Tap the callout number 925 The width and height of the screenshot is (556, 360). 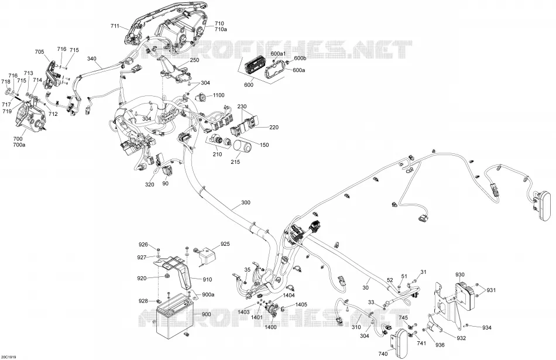coord(225,244)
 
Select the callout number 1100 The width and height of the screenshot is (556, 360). coord(218,95)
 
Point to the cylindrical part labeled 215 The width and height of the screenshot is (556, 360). coord(243,147)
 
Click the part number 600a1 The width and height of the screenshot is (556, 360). coord(279,53)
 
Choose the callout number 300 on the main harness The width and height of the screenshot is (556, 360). coord(245,203)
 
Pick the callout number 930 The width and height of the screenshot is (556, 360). coord(460,275)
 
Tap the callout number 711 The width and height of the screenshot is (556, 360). coord(115,26)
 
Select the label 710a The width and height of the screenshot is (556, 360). coord(221,29)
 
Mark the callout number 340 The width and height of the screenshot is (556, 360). coord(91,59)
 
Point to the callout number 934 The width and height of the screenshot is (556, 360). coord(487,328)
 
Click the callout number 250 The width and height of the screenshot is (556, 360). coord(194,60)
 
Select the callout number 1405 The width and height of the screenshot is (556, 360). coord(301,304)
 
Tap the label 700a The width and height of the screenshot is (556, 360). coord(18,144)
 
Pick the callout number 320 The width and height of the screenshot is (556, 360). coord(150,184)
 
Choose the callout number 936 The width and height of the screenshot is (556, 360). coord(440,345)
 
